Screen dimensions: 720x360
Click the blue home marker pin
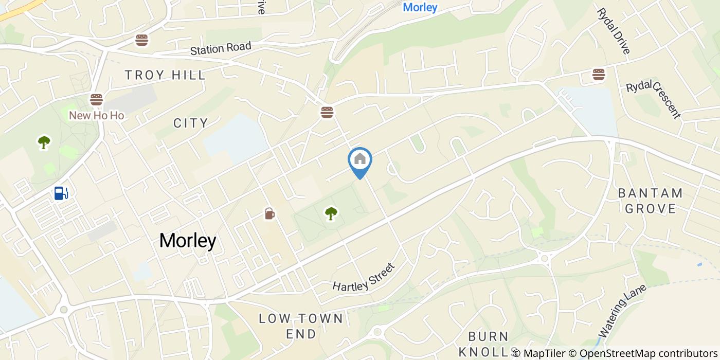tap(360, 160)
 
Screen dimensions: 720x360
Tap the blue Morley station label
tap(420, 7)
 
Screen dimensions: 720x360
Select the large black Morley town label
tap(187, 241)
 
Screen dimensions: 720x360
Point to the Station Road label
tap(221, 48)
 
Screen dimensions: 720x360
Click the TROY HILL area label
tap(165, 75)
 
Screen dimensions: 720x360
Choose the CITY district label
tap(190, 123)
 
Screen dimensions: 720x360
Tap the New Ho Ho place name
tap(97, 115)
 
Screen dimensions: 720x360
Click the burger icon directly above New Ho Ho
tap(96, 99)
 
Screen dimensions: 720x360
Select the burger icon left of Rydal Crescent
tap(598, 75)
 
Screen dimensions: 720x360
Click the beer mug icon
tap(269, 213)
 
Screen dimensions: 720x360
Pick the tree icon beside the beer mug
tap(331, 213)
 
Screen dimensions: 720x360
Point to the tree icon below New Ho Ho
tap(44, 142)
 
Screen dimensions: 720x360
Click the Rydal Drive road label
tap(613, 31)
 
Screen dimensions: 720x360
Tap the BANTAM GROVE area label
tap(650, 201)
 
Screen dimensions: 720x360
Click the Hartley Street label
tap(363, 278)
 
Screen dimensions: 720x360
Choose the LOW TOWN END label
tap(301, 326)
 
